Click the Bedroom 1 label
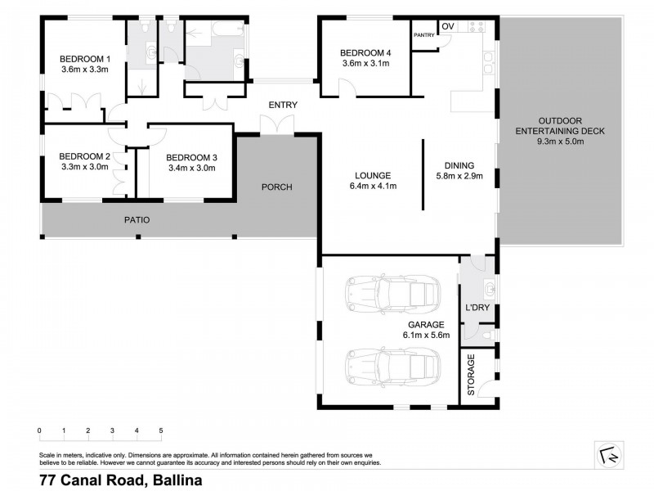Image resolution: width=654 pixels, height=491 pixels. (84, 58)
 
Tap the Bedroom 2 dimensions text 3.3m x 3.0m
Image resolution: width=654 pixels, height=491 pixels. (84, 168)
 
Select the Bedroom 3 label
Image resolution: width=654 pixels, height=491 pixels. (190, 157)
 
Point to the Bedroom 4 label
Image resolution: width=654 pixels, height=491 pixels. (365, 54)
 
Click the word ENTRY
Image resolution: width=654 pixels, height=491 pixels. (283, 105)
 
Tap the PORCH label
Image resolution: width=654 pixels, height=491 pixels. (276, 187)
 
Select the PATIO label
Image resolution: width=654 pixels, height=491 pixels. (137, 219)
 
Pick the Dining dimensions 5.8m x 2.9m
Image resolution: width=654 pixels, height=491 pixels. (460, 175)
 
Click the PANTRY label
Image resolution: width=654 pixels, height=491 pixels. (423, 34)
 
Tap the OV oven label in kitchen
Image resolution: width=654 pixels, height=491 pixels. (447, 27)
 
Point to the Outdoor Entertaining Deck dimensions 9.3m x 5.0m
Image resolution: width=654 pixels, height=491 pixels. (560, 142)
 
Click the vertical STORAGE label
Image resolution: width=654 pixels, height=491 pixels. (471, 376)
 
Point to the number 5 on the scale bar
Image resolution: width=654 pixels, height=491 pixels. (161, 430)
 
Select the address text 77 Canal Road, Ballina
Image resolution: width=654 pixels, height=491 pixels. (119, 480)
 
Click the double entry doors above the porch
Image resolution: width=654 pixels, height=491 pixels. (276, 124)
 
